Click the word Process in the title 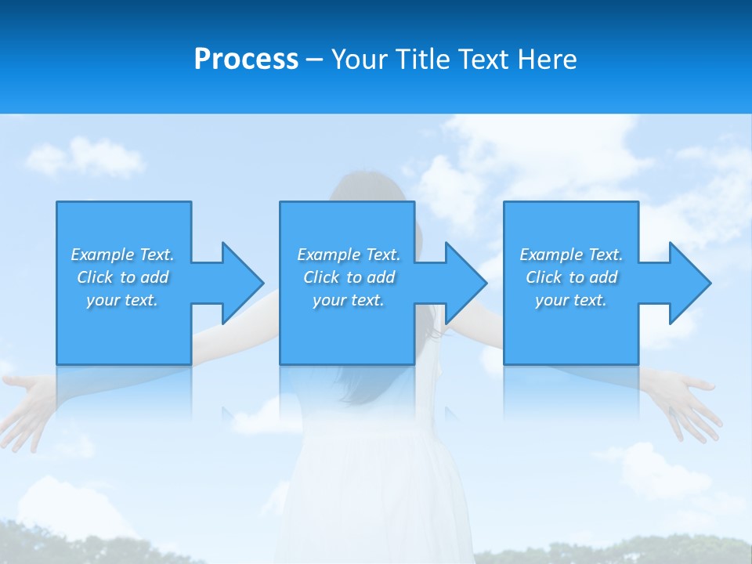(x=246, y=60)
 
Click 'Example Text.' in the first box (x=122, y=255)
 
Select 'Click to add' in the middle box (x=349, y=277)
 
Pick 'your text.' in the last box (x=571, y=300)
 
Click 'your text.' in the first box (x=122, y=300)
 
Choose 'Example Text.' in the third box (x=571, y=255)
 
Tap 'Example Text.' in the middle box (x=349, y=255)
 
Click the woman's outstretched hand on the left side (x=27, y=399)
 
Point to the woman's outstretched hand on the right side (x=689, y=399)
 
